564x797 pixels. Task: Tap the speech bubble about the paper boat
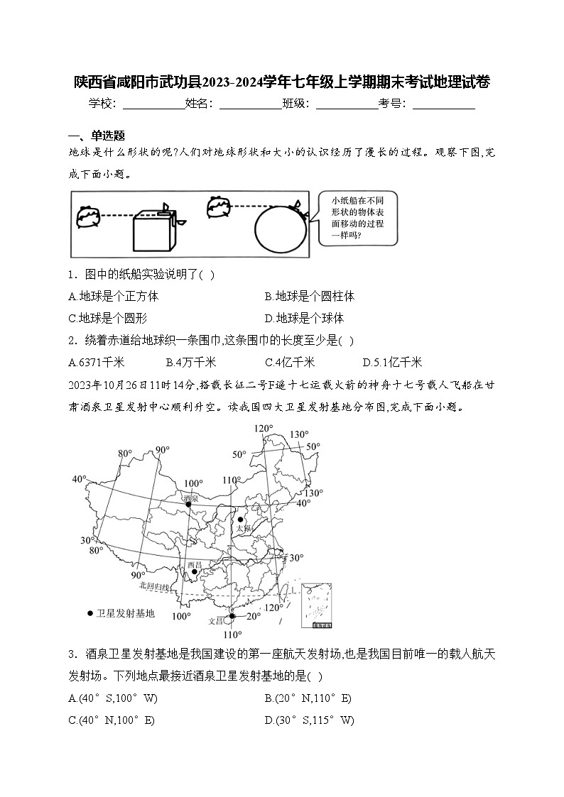coord(357,219)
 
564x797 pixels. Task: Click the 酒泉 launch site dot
coord(188,503)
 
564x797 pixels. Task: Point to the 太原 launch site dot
coord(241,520)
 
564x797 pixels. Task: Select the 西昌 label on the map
coord(194,565)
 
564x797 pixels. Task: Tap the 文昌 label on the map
coord(216,620)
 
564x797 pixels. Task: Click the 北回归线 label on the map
coord(155,586)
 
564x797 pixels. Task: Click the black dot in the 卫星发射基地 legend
coord(90,613)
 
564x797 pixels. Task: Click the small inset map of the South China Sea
coord(320,605)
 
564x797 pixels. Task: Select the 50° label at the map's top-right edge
coord(313,446)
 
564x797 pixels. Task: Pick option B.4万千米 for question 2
coord(191,362)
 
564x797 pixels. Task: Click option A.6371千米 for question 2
coord(97,362)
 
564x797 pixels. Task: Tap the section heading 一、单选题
coord(97,136)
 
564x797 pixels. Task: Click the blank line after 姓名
coord(250,104)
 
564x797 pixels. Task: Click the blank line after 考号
coord(443,104)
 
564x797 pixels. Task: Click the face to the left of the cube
coord(88,216)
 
